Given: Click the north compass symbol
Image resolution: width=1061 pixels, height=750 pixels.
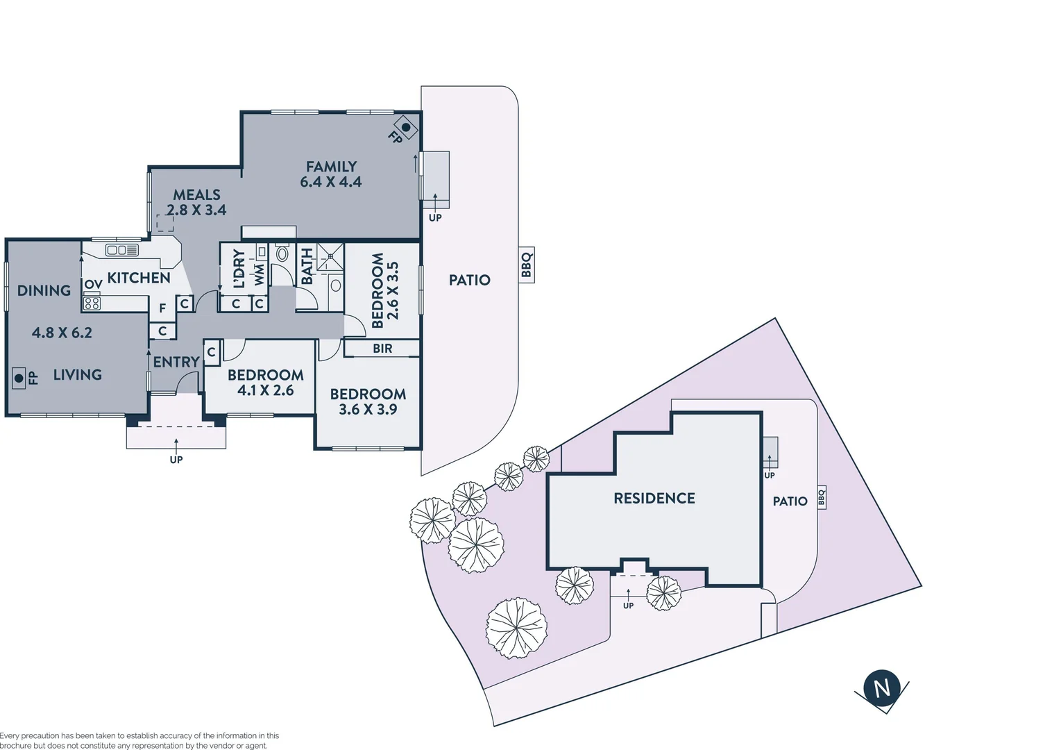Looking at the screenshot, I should pos(881,688).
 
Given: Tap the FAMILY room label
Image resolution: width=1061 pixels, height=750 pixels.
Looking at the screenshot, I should pos(331,167).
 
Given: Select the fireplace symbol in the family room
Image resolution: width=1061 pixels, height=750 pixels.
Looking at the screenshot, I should pos(406,128).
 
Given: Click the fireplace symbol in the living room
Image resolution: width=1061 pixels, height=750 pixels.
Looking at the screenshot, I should pos(19,378).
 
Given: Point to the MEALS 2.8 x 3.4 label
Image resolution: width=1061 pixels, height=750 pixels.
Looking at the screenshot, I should pos(196,203).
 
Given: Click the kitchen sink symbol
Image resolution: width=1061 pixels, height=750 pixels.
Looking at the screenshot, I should pos(121,250).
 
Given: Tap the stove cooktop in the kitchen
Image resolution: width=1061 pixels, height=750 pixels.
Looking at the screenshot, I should pos(92,303).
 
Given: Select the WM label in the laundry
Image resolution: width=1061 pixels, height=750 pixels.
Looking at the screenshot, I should pos(259,274).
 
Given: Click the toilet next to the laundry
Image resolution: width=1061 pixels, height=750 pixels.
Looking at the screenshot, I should pos(282,253).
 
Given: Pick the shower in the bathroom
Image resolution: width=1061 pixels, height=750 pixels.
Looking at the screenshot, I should pos(330,257).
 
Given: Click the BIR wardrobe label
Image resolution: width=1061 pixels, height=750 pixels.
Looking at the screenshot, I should pos(382,349).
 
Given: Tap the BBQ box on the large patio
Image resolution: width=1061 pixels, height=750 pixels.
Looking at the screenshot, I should pos(527,265).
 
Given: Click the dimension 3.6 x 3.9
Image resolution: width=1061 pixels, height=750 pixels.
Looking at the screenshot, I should pos(368,410).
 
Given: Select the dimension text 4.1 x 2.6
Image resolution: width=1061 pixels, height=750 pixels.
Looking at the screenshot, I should pos(266,391).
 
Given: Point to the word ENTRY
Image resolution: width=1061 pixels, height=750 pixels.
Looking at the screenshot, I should pos(176,362).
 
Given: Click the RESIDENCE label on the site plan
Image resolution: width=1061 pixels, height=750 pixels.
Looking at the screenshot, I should pos(654,498).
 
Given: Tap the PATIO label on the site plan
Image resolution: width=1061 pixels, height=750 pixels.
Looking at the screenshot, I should pos(790,501).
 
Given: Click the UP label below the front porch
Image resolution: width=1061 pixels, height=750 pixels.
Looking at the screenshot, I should pos(176,459).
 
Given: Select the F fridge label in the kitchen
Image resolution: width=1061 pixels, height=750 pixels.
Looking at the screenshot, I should pos(162,308).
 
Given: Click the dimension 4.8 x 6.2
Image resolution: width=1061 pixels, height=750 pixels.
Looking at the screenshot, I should pos(62,333).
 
